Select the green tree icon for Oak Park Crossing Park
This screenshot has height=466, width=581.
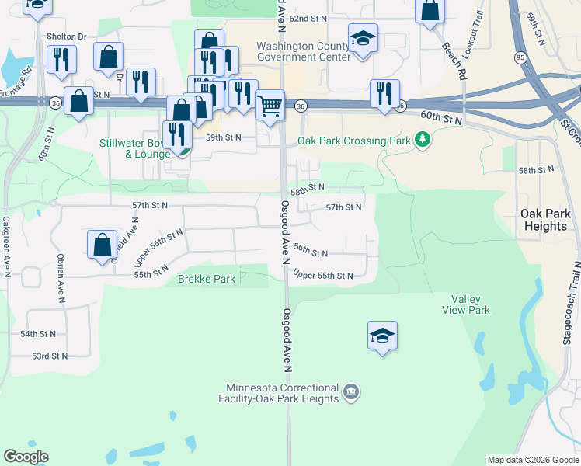coord(422,140)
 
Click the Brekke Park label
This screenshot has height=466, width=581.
coord(207,279)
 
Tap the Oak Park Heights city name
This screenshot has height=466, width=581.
coord(544,220)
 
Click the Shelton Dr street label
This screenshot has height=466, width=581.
coord(66,36)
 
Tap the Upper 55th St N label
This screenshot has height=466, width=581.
coord(323,276)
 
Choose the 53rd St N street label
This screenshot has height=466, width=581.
coord(49,356)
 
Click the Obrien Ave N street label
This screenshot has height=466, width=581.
coord(60,277)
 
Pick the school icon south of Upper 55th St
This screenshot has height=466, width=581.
coord(382,336)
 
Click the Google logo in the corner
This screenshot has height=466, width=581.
coord(26,456)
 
